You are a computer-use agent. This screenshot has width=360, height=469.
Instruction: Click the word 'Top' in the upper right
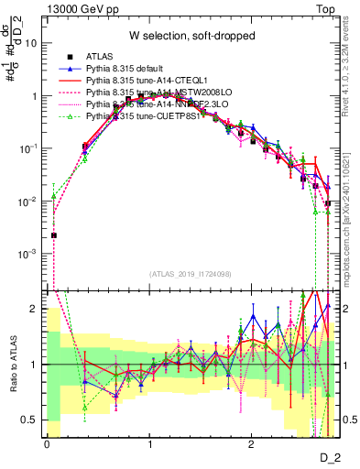pyautogui.click(x=329, y=8)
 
